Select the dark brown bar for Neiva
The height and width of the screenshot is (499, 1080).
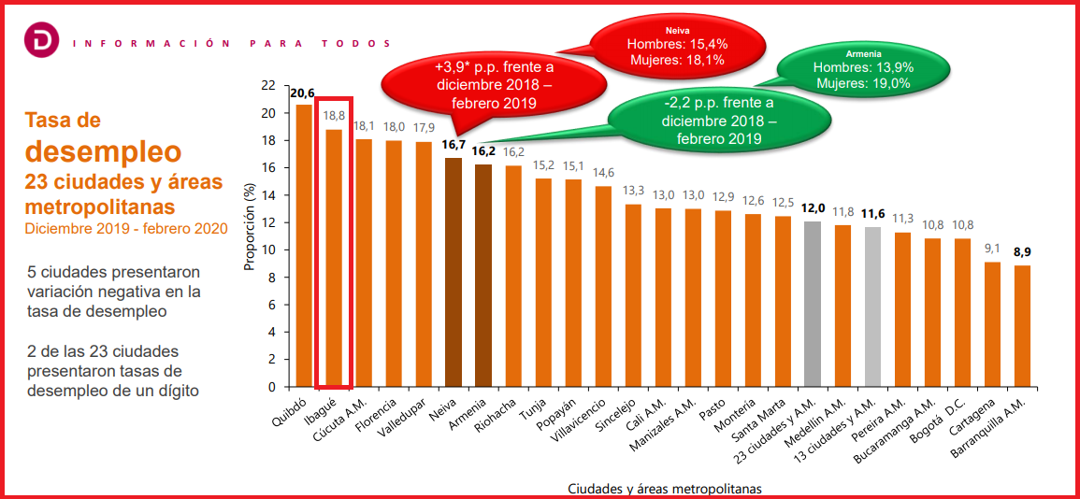[x=454, y=272]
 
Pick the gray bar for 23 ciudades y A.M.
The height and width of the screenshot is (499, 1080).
[x=814, y=304]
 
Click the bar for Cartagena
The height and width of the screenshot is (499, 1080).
[x=993, y=323]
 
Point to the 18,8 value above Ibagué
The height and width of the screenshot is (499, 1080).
[x=334, y=116]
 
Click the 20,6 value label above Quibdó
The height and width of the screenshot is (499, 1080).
[x=303, y=93]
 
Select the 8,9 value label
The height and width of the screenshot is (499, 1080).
[x=1023, y=252]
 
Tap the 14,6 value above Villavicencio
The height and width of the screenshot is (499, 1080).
[x=604, y=173]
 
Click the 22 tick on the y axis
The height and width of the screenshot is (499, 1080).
[x=268, y=86]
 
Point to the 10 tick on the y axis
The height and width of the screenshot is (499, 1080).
[x=268, y=250]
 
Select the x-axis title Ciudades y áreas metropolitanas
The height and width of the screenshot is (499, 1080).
[x=665, y=489]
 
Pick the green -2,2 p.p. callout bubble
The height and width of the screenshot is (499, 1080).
[x=717, y=121]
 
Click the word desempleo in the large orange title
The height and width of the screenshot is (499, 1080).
[x=103, y=150]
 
